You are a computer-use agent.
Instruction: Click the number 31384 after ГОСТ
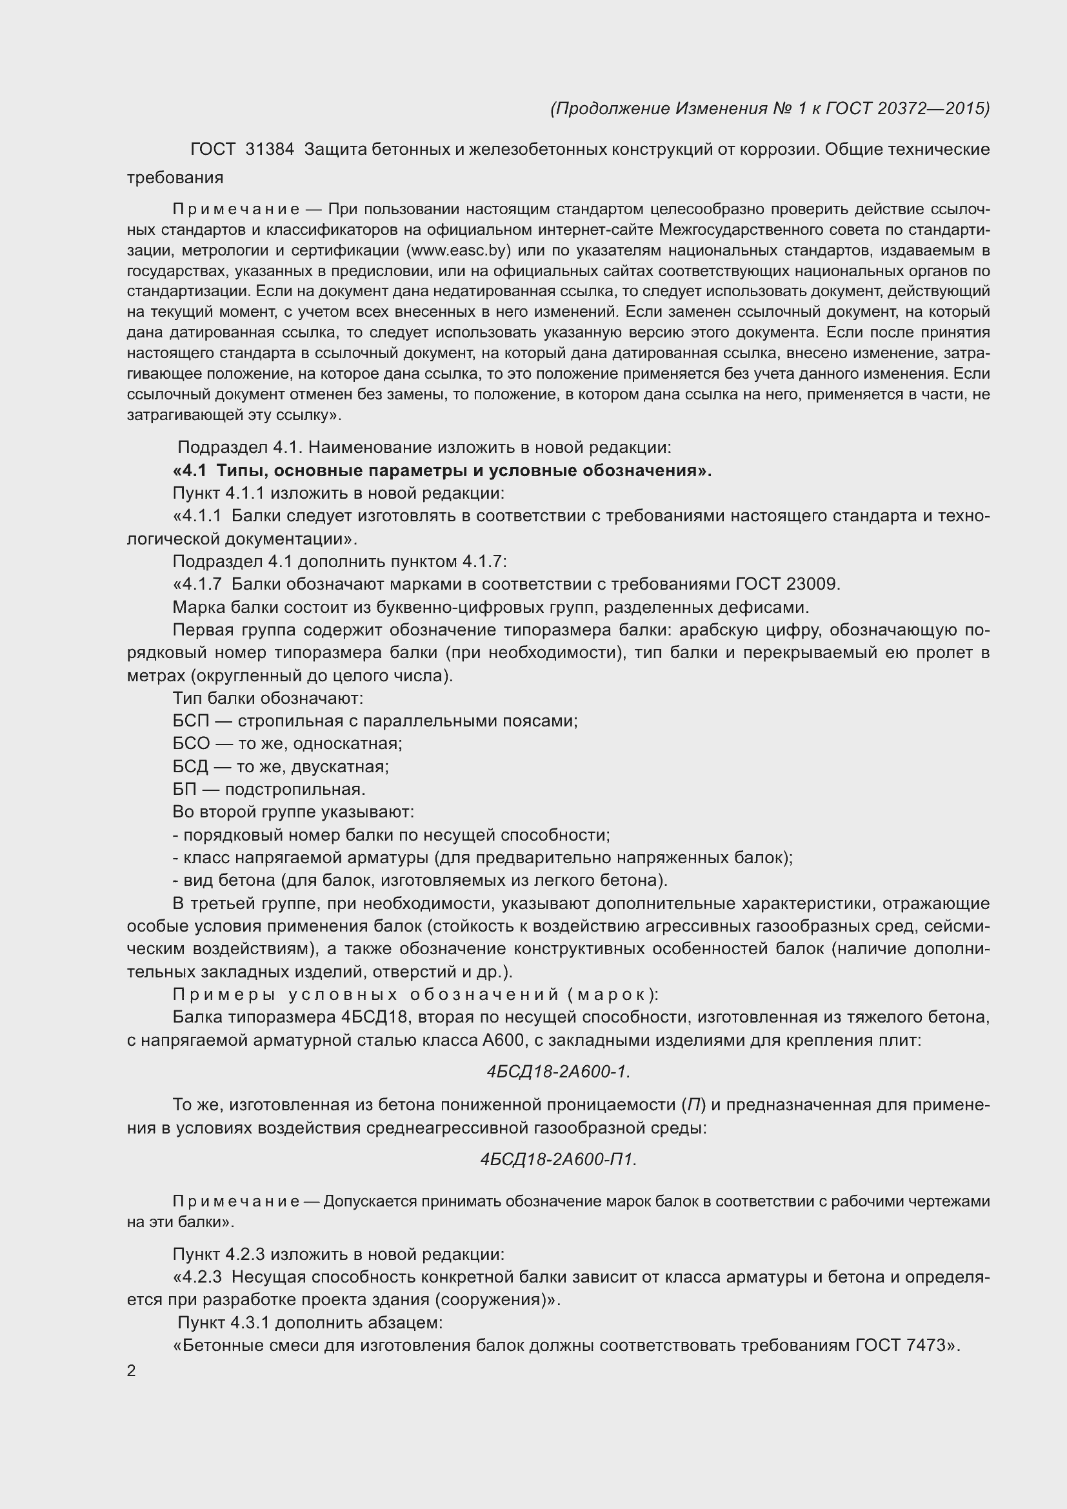coord(270,150)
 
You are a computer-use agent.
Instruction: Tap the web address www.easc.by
coord(459,250)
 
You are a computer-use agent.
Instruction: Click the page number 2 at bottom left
coord(132,1370)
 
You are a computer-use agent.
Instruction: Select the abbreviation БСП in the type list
coord(190,721)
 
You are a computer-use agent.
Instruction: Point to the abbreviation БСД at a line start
coord(190,766)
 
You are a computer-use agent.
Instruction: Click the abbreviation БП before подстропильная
coord(184,788)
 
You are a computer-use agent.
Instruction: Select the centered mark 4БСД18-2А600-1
coord(558,1072)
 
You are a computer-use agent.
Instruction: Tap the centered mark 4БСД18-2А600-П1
coord(558,1159)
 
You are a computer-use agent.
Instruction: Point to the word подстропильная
coord(294,788)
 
